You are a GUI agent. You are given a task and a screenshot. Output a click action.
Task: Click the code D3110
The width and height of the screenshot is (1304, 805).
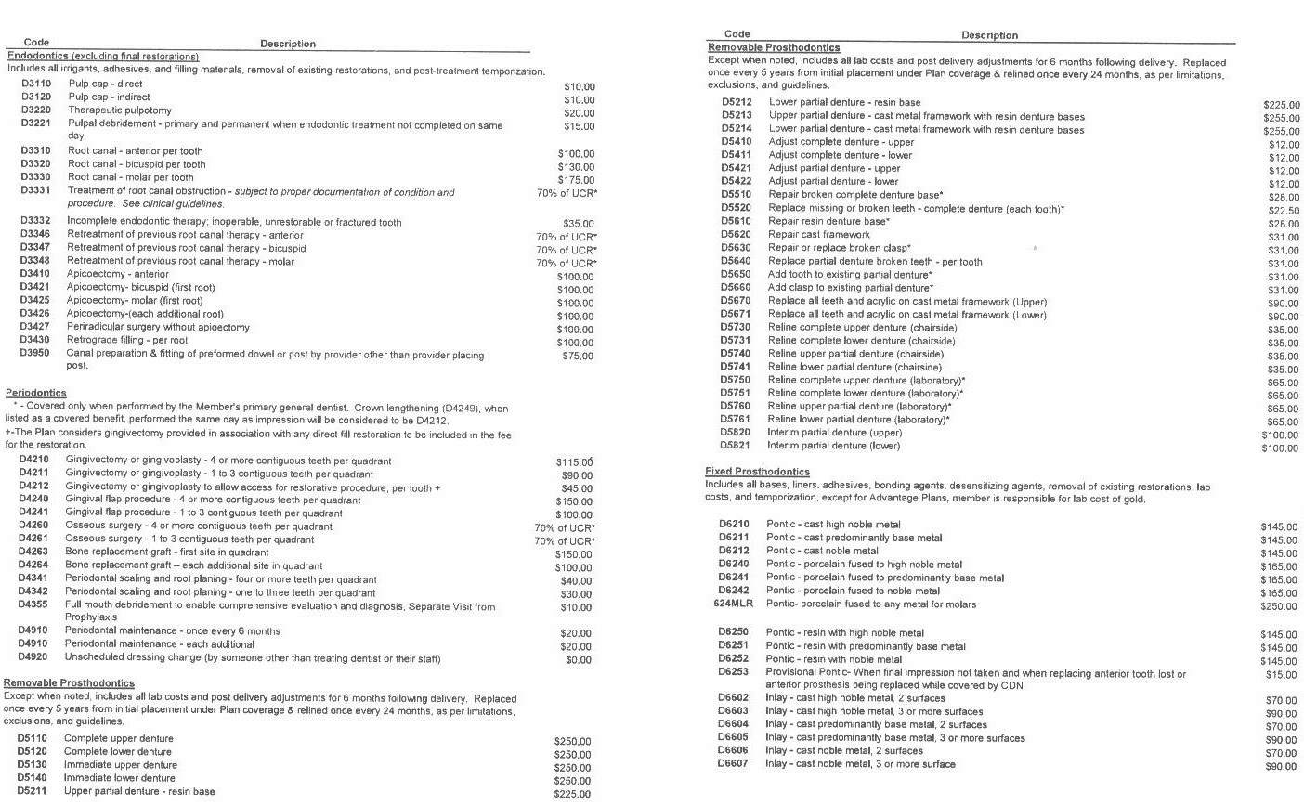(x=35, y=84)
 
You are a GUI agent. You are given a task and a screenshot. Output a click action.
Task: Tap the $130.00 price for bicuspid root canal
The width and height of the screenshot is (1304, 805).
(x=576, y=167)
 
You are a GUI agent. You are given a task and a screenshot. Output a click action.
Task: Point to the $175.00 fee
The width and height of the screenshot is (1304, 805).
(x=576, y=180)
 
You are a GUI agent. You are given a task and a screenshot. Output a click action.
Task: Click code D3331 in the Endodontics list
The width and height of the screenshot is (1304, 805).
(x=35, y=191)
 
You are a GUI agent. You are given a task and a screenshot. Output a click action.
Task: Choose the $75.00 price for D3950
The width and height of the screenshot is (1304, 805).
(x=577, y=356)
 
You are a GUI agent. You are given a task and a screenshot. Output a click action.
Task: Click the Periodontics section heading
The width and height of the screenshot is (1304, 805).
(x=35, y=394)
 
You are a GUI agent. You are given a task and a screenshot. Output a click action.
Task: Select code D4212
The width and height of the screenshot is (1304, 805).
(x=33, y=487)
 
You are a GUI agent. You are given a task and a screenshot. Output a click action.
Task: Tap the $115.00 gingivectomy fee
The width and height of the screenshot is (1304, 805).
(x=574, y=462)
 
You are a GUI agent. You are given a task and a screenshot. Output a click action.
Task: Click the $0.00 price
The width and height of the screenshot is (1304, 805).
(x=579, y=660)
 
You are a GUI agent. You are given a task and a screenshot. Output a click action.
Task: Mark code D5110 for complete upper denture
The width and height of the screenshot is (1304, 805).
(x=33, y=739)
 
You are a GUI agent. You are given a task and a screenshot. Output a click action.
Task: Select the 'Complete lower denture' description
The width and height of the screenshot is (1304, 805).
(x=118, y=752)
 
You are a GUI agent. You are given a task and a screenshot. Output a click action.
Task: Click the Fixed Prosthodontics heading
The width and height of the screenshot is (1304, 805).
(x=757, y=472)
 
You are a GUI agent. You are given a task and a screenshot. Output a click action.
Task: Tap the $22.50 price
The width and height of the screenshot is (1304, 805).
(x=1281, y=210)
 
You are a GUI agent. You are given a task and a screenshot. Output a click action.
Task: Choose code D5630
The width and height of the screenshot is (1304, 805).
(x=736, y=248)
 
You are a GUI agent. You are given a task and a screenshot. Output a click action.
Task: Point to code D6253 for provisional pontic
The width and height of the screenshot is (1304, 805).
(x=733, y=672)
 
